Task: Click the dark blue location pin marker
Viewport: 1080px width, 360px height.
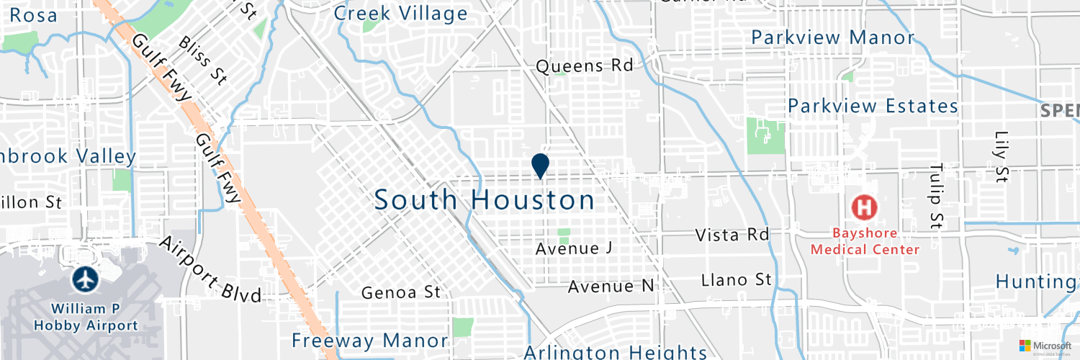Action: (x=540, y=166)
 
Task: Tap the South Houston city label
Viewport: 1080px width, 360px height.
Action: (x=485, y=200)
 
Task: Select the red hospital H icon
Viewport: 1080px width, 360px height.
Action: (x=865, y=208)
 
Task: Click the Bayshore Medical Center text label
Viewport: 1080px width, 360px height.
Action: (x=865, y=241)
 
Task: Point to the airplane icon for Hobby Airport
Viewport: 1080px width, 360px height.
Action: (x=86, y=279)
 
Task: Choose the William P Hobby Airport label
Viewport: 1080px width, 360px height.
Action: (x=86, y=317)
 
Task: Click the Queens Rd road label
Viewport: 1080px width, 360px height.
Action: (x=585, y=66)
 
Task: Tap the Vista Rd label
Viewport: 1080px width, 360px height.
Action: (x=732, y=235)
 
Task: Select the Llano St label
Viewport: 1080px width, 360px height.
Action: (x=737, y=279)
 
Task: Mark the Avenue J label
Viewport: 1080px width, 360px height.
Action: (x=574, y=248)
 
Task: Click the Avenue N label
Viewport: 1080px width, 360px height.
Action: (x=611, y=287)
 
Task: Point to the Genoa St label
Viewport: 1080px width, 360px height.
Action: (x=400, y=292)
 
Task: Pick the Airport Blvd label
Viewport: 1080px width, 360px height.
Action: (x=210, y=268)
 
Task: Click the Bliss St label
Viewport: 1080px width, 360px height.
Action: (x=204, y=62)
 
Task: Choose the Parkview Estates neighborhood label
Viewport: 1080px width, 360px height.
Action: (x=873, y=107)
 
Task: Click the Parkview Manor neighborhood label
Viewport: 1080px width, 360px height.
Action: (x=832, y=37)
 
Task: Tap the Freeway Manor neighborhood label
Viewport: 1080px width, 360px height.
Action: (x=369, y=341)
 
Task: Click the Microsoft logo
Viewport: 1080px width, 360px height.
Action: (x=1044, y=346)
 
